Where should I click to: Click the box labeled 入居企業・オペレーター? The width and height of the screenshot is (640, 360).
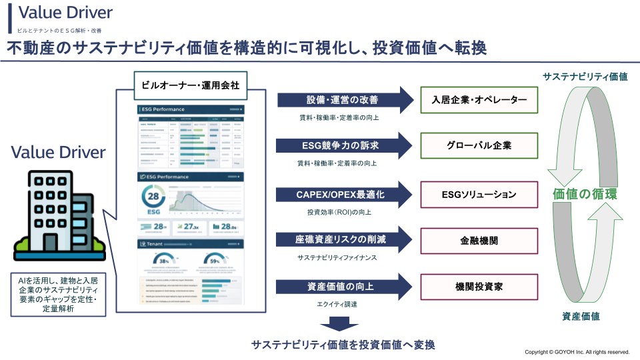(479, 100)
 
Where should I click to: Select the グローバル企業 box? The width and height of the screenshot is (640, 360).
(479, 145)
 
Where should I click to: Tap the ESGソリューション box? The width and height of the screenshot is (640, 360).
(479, 195)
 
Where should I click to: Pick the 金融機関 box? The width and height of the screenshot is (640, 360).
(479, 240)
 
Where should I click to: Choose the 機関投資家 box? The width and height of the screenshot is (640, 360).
(479, 286)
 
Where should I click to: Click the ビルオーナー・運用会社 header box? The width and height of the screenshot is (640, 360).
(191, 85)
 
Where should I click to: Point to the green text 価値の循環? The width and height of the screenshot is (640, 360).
(585, 195)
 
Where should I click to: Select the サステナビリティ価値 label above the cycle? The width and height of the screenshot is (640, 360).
(585, 77)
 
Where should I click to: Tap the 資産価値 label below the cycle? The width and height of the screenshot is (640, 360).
(581, 316)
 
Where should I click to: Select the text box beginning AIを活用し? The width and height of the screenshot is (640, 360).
(58, 293)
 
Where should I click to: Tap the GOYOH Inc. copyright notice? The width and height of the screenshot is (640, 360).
(577, 352)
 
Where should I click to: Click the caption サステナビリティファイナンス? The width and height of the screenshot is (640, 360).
(337, 257)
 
